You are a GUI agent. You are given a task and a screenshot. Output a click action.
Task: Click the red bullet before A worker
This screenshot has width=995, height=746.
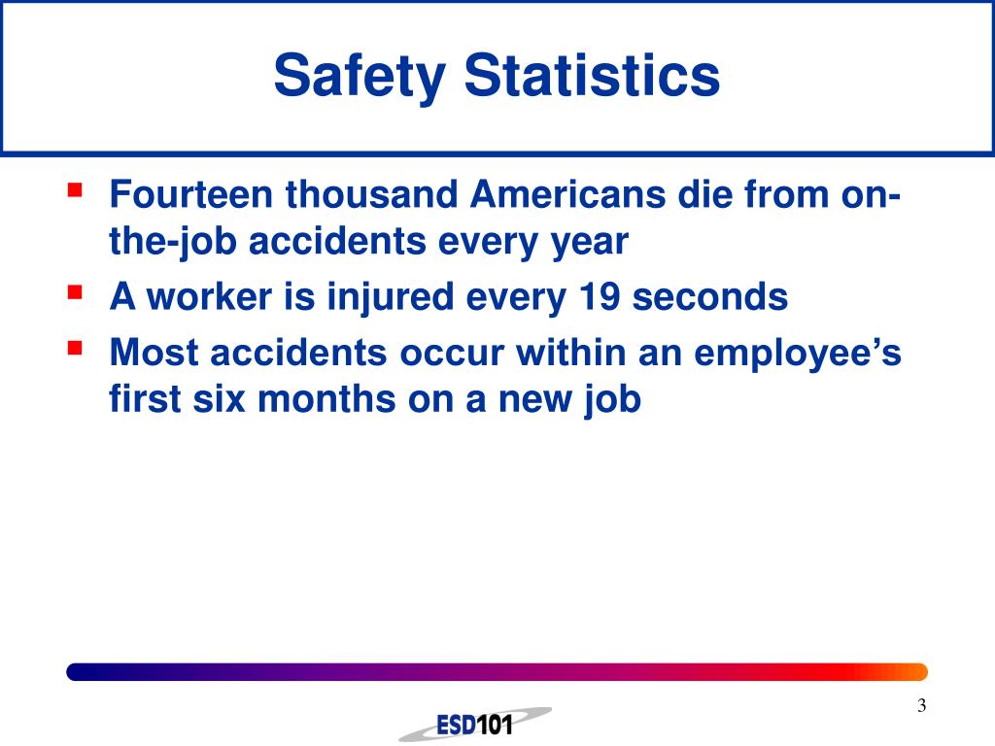point(74,289)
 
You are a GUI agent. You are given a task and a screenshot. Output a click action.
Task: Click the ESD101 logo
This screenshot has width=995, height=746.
point(474,724)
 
